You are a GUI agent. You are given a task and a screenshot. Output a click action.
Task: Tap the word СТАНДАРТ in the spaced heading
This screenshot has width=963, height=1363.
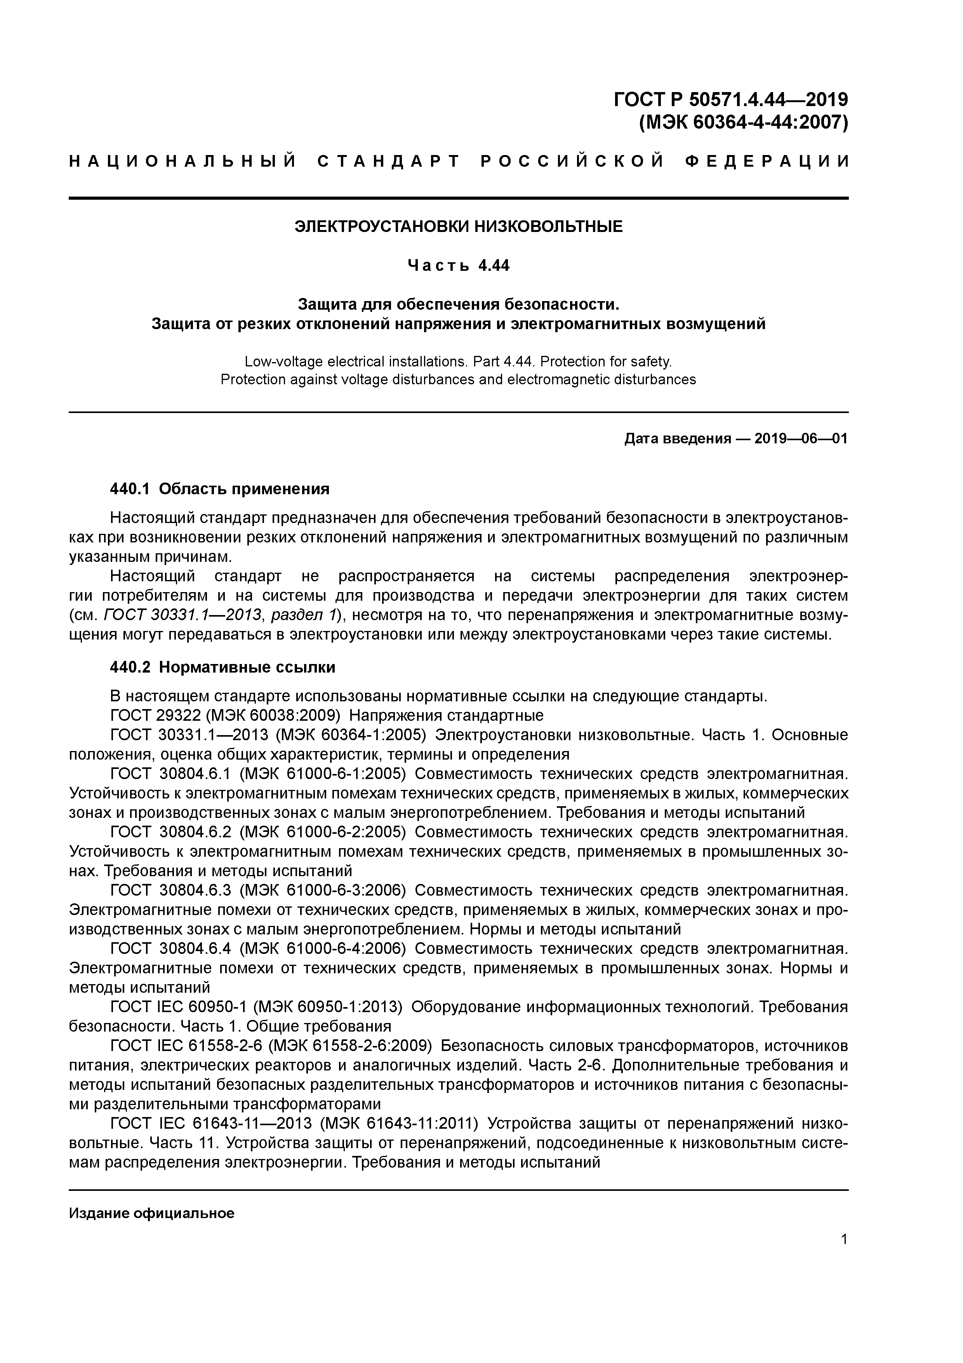(x=389, y=162)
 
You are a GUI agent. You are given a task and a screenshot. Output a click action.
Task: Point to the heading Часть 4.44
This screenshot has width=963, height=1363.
(x=458, y=265)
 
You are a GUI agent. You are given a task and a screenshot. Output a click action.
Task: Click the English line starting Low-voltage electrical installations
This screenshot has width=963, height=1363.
(x=458, y=361)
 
